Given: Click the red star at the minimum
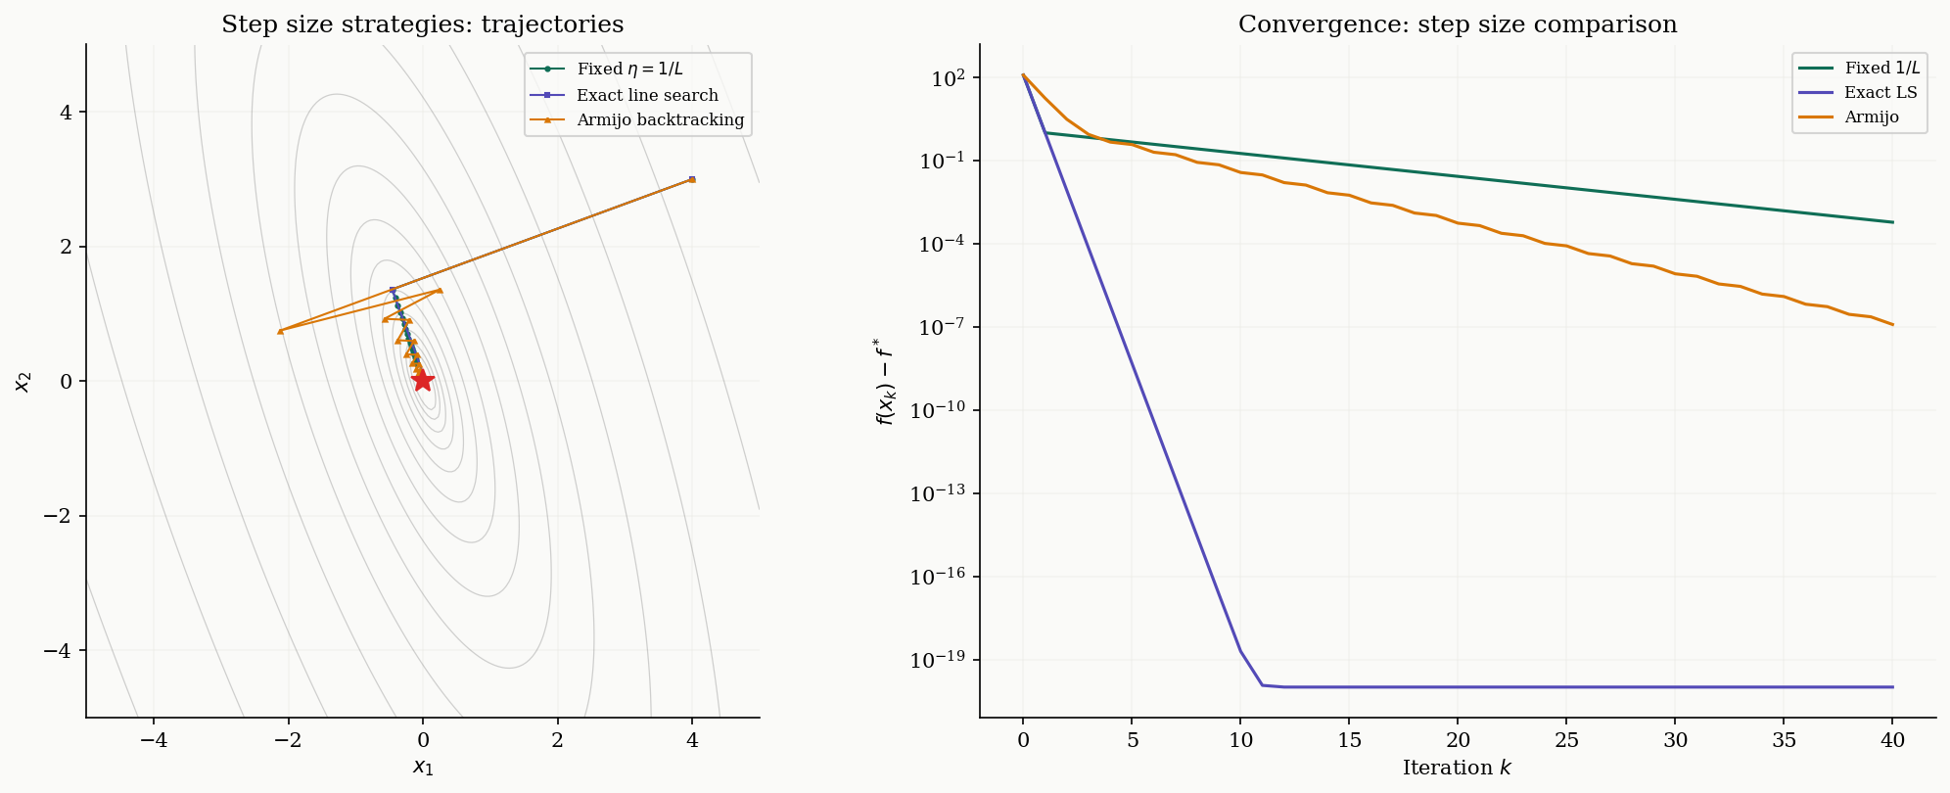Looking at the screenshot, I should coord(423,380).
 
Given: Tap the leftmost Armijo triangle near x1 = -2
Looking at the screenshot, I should coord(280,331).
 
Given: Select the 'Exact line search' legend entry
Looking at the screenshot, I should coord(647,95).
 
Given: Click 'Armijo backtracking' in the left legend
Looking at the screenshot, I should coord(660,120).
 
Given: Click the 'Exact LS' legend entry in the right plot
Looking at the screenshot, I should coord(1880,92).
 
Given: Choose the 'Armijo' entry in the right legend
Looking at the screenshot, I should coord(1871,117).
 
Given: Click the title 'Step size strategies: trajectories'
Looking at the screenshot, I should coord(422,24).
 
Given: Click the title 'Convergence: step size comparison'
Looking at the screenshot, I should coord(1457,24).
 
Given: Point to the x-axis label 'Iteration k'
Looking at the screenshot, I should coord(1457,768).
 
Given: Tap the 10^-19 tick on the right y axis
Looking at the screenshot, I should coord(938,661).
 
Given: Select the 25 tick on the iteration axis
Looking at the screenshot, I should coord(1566,741).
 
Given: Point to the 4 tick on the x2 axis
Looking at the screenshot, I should coord(67,113).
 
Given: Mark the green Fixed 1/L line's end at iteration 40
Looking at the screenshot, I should coord(1892,222).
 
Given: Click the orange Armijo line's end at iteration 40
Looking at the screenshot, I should coord(1892,324).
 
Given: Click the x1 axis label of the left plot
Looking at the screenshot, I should coord(422,767).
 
